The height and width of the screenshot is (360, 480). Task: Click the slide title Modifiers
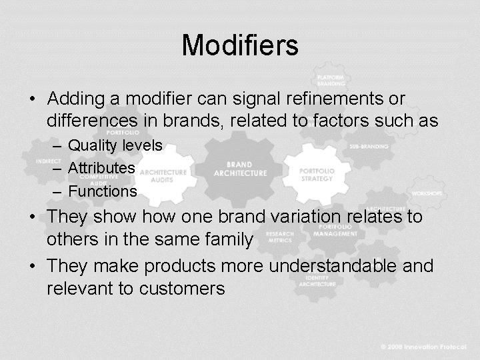pyautogui.click(x=240, y=45)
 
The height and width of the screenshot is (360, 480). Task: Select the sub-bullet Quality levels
pyautogui.click(x=115, y=145)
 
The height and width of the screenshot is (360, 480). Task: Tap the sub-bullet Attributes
pyautogui.click(x=102, y=168)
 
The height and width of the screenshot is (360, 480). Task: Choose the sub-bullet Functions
pyautogui.click(x=103, y=191)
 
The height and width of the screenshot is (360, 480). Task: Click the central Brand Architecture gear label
pyautogui.click(x=239, y=168)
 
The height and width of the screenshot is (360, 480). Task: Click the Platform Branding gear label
pyautogui.click(x=331, y=81)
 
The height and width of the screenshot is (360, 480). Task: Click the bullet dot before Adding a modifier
pyautogui.click(x=32, y=99)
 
